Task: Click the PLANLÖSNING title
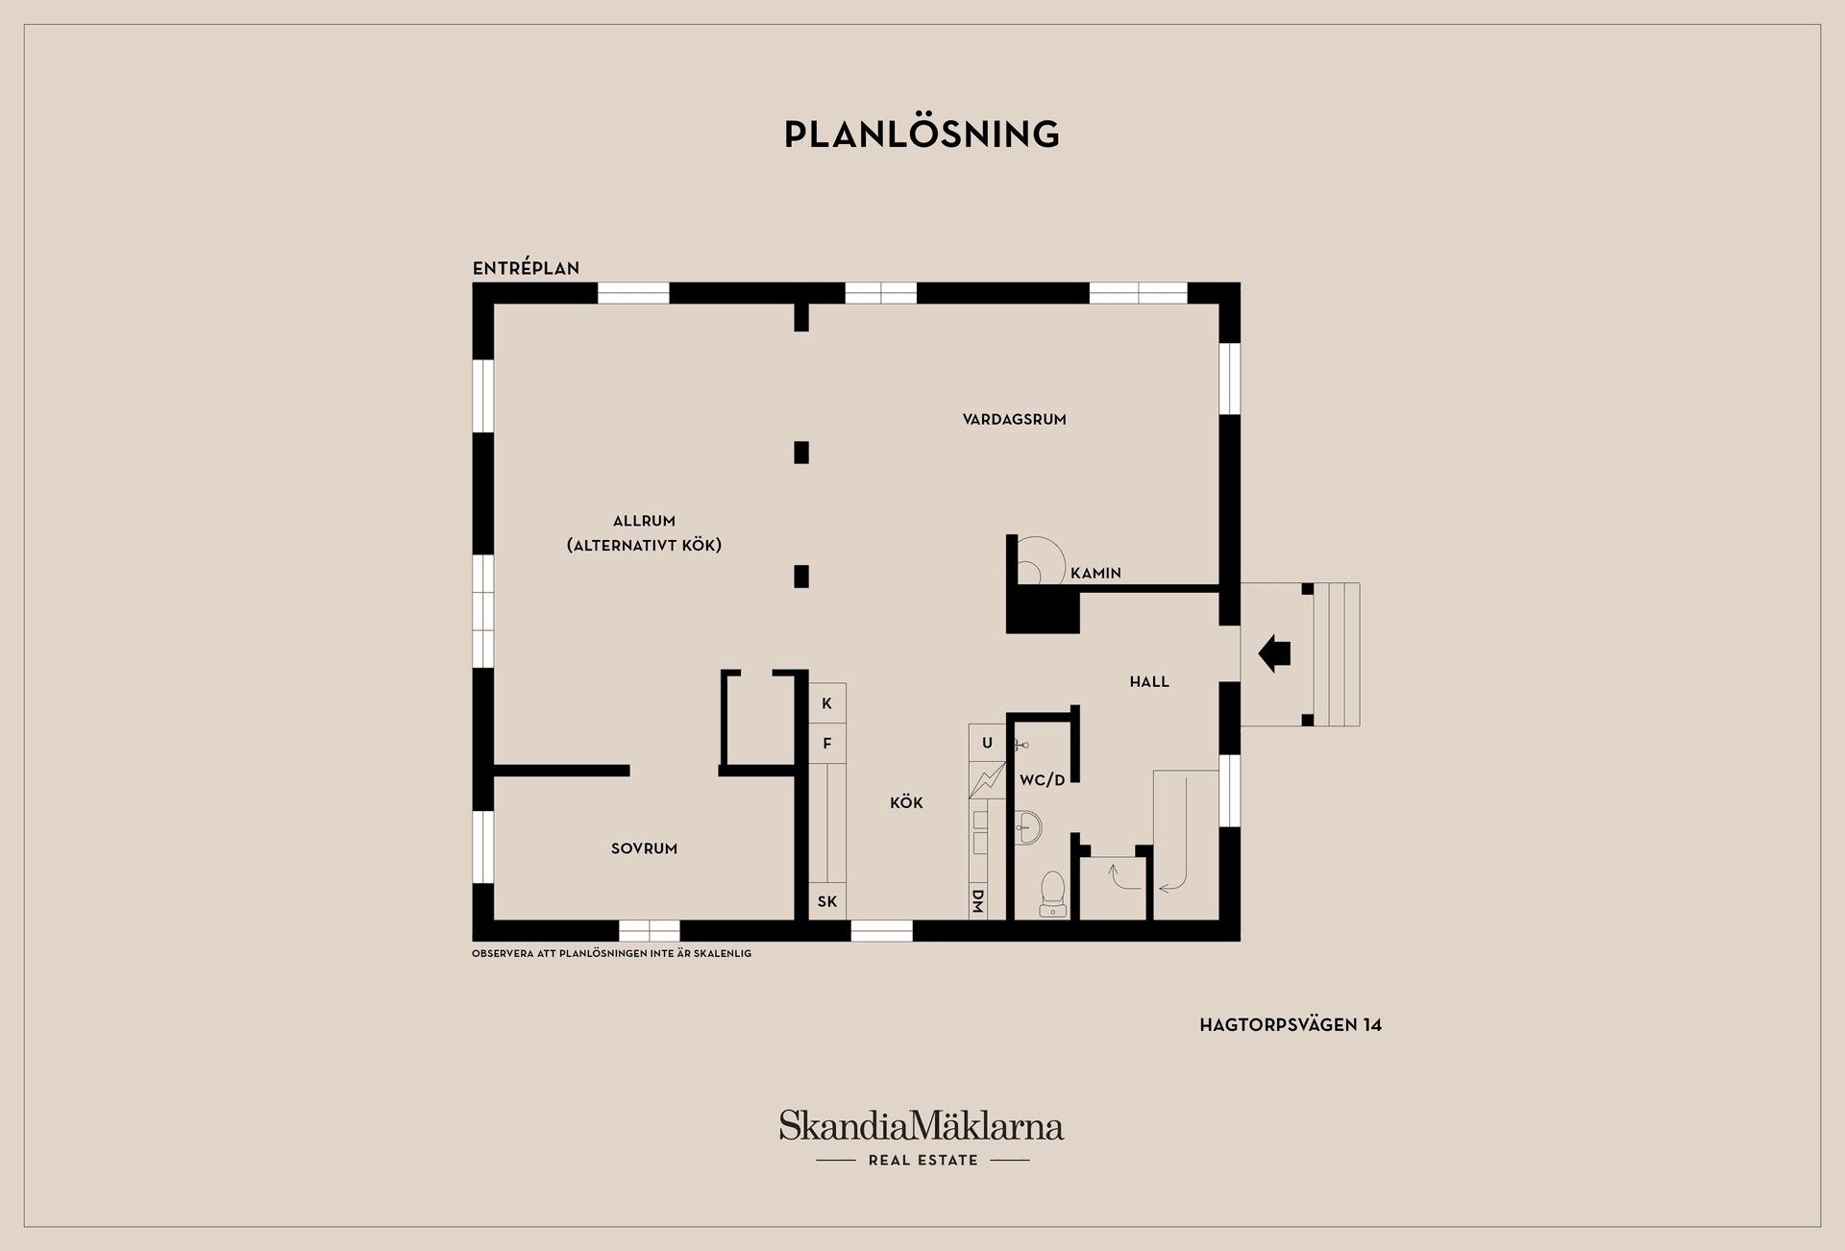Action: click(922, 134)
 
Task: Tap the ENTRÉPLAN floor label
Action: click(526, 267)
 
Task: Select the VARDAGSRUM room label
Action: click(1014, 419)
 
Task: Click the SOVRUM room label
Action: click(644, 848)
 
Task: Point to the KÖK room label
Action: click(906, 802)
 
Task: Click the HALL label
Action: click(1149, 682)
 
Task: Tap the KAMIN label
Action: click(1095, 574)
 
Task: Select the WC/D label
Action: click(1043, 780)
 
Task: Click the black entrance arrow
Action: click(1274, 653)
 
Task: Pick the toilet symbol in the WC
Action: click(1053, 895)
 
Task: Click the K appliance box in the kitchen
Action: click(826, 703)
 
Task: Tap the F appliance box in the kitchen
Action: click(826, 744)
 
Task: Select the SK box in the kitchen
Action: click(826, 901)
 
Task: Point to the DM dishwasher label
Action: click(977, 901)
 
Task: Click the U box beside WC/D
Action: click(987, 743)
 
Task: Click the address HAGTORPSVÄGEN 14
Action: click(1291, 1025)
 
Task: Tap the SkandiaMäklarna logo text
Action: click(922, 1126)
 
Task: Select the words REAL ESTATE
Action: click(923, 1161)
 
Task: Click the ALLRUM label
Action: click(644, 521)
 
